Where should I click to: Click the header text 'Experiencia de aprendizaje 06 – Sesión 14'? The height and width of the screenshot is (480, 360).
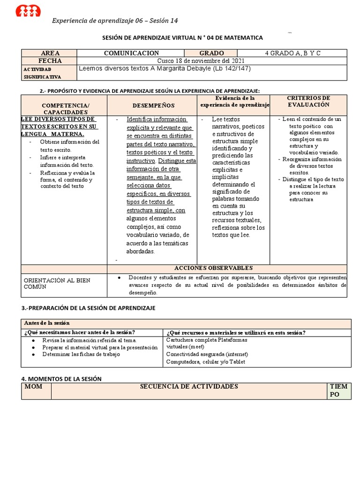click(115, 21)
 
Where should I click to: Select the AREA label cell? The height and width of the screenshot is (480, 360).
click(50, 53)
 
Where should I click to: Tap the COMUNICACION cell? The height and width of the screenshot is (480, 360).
click(131, 53)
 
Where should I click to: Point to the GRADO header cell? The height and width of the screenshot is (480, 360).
click(211, 53)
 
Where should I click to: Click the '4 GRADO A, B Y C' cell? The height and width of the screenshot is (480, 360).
click(292, 53)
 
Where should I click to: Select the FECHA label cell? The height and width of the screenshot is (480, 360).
click(50, 61)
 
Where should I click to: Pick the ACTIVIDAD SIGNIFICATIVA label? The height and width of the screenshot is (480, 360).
click(42, 73)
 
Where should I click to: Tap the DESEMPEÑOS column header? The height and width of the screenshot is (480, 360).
click(153, 105)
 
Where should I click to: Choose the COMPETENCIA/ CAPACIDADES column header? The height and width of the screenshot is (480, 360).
click(65, 109)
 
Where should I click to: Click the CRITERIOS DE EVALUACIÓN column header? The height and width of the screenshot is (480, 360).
click(309, 101)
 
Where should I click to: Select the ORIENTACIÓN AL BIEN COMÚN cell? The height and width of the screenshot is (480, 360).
click(57, 283)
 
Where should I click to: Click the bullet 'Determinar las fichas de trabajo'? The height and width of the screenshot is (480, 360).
click(81, 354)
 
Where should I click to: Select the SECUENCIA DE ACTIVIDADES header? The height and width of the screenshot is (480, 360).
click(189, 387)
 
